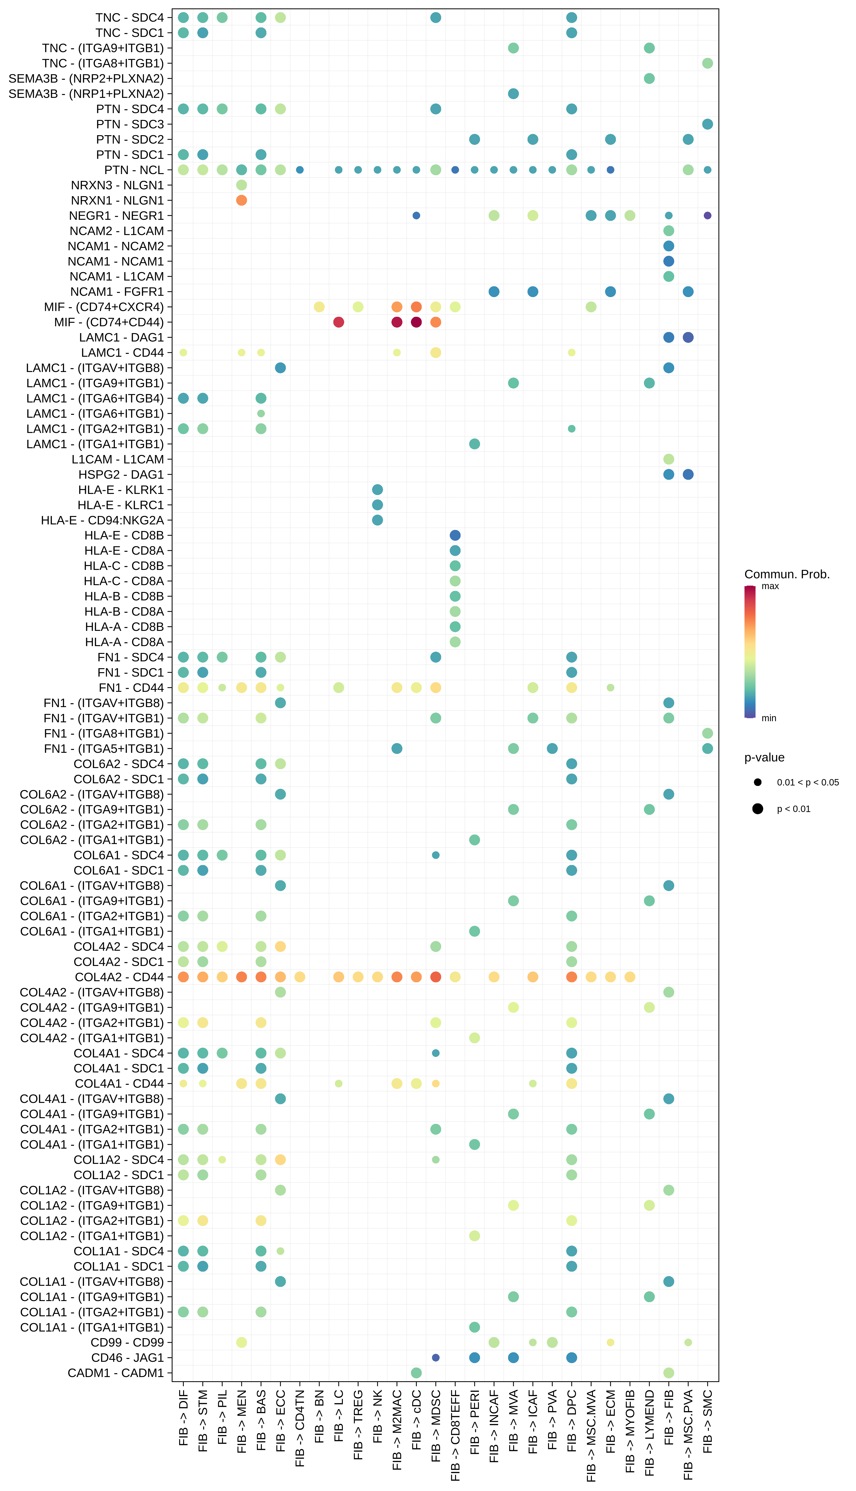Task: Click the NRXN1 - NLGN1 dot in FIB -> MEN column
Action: click(x=241, y=200)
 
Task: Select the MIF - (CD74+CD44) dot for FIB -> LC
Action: click(x=339, y=322)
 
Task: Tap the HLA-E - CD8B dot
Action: click(x=455, y=535)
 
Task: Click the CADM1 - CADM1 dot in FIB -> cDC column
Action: click(x=416, y=1373)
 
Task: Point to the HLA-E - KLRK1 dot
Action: click(x=378, y=489)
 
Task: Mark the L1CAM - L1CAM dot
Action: click(x=668, y=459)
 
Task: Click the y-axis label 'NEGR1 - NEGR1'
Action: click(x=116, y=216)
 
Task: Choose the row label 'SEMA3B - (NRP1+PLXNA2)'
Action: click(x=86, y=93)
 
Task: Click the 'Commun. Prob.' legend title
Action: click(x=787, y=574)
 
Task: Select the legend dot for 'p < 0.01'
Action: click(x=758, y=809)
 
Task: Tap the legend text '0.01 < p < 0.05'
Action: click(x=808, y=782)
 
